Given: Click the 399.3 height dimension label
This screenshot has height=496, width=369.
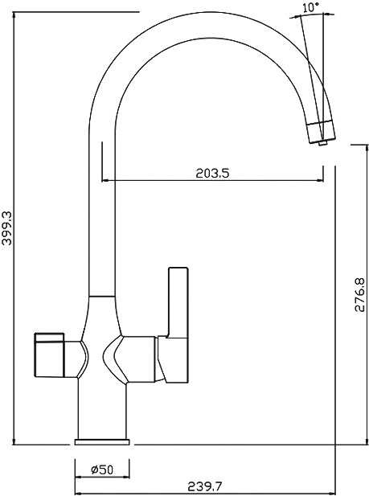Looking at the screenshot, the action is coord(7,228).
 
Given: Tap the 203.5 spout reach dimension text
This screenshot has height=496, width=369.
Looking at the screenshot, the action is coord(212,173).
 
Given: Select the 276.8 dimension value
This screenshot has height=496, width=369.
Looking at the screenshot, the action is coord(360,295).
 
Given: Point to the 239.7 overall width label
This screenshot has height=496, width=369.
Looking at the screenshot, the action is coord(205,486).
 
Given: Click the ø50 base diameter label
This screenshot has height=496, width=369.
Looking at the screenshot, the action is coord(102,469).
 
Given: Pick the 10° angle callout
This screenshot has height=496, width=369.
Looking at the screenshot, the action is coord(311,7).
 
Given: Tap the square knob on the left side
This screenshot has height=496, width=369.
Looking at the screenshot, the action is coord(49,355).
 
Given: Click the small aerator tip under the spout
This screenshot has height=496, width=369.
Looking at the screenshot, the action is coord(322,144).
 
